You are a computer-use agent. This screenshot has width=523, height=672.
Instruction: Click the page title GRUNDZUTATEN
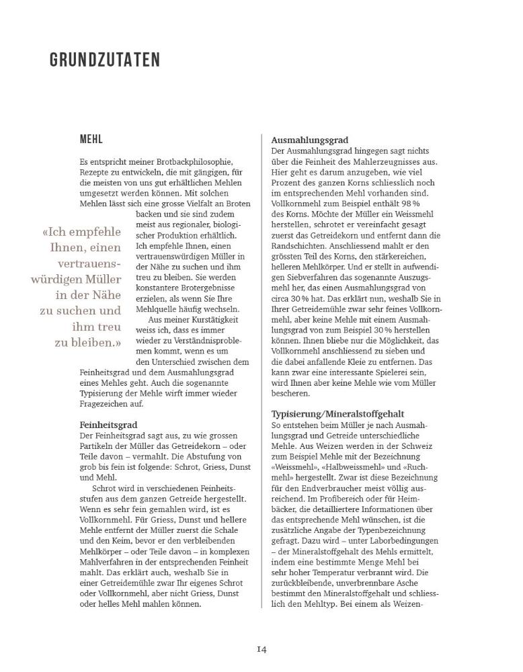point(105,60)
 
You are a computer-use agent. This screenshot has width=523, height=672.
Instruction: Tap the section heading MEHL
point(91,140)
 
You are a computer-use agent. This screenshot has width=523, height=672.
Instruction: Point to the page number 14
point(261,648)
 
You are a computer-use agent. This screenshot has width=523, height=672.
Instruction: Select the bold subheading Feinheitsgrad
point(108,425)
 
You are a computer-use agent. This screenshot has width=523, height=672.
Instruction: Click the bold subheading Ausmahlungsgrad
point(309,140)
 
